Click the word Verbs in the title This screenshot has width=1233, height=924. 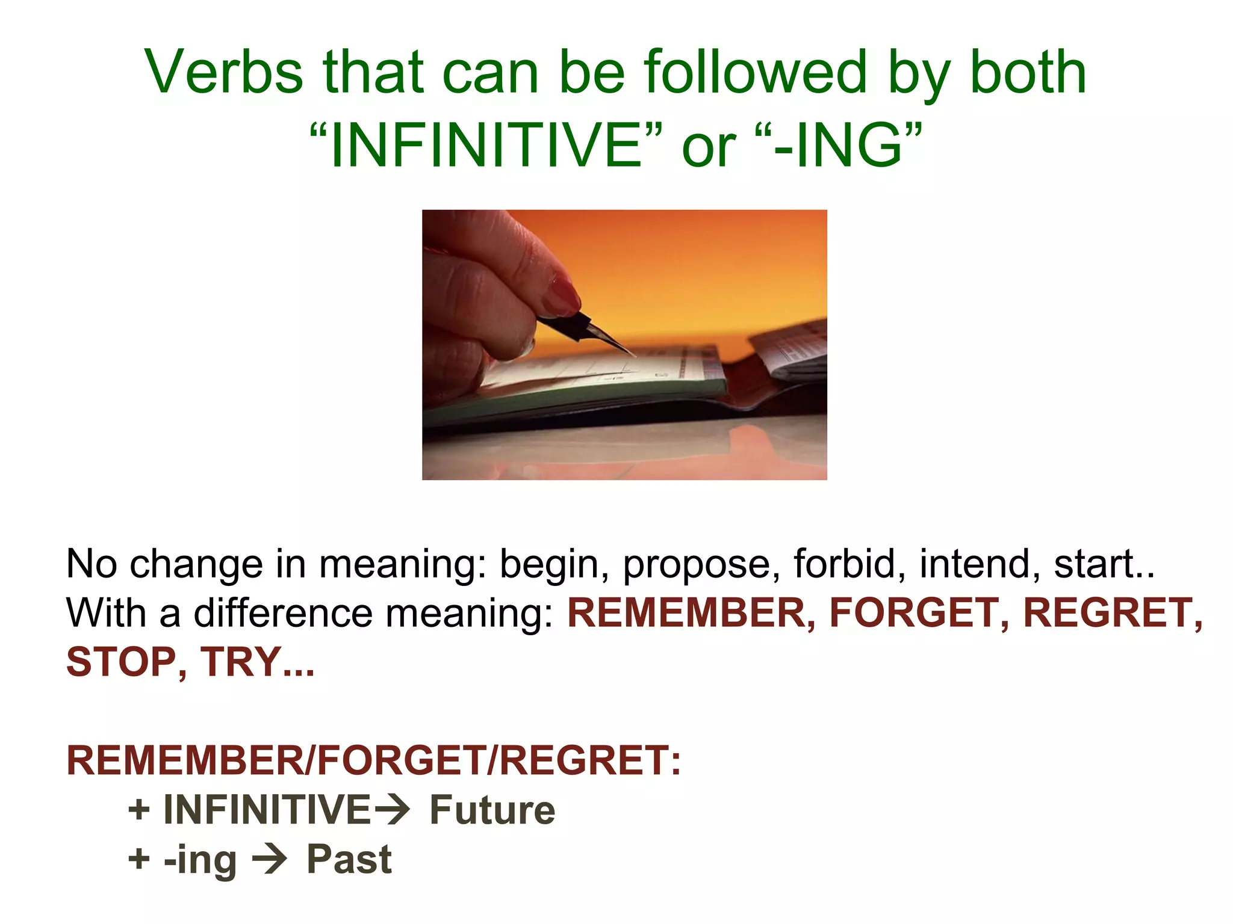coord(223,72)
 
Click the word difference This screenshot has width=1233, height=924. coord(283,613)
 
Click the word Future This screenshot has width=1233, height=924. coord(492,810)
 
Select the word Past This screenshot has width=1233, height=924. coord(349,859)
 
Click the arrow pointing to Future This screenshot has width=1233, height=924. coord(392,810)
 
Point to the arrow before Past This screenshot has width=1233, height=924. coord(269,859)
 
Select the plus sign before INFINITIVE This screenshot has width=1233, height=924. coord(138,810)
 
